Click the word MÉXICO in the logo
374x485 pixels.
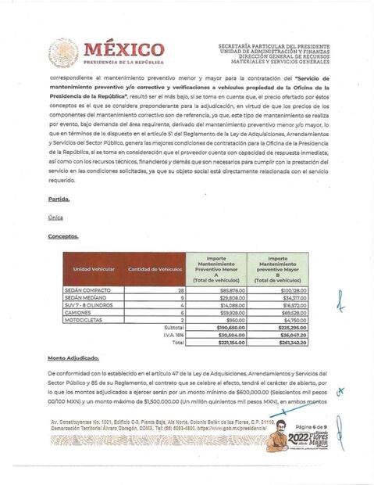pyautogui.click(x=123, y=49)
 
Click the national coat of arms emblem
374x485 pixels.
pyautogui.click(x=63, y=52)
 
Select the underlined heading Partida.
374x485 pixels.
pyautogui.click(x=59, y=199)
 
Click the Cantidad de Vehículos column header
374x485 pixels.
pyautogui.click(x=155, y=269)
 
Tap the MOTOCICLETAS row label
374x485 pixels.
pyautogui.click(x=92, y=320)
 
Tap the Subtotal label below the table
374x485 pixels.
pyautogui.click(x=175, y=327)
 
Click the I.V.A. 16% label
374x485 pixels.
pyautogui.click(x=175, y=335)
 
